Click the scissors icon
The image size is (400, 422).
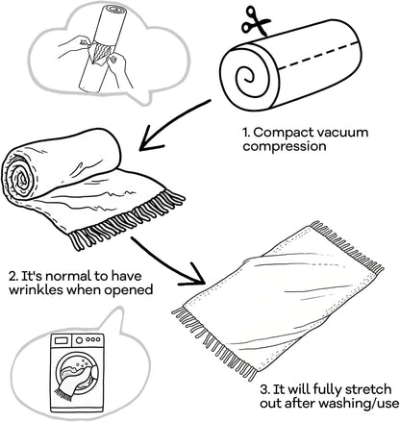pos(256,21)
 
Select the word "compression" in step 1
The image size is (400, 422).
pos(285,147)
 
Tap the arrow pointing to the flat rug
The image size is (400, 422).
pos(166,262)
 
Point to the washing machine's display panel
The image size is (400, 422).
pos(62,339)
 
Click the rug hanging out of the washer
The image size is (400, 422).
pos(75,383)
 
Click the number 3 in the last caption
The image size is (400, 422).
pos(264,390)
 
